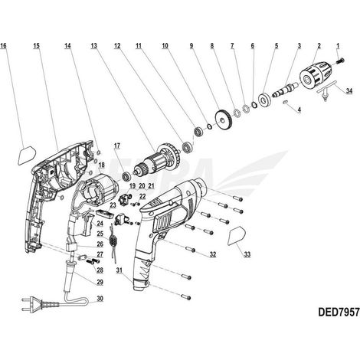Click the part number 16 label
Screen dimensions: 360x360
pos(4,46)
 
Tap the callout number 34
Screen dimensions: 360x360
pos(349,90)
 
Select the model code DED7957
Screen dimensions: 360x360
pos(339,312)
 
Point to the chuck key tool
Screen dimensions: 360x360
pos(326,91)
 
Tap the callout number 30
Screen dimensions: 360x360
pos(100,299)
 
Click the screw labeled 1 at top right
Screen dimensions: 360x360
pos(341,61)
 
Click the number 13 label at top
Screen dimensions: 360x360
pos(94,46)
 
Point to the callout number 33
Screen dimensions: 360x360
pos(247,254)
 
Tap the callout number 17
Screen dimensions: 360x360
pos(117,146)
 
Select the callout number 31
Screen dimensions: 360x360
pos(120,270)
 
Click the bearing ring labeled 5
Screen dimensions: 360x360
pos(264,100)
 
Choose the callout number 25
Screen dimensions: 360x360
pos(100,234)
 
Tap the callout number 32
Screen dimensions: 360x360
pos(213,254)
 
